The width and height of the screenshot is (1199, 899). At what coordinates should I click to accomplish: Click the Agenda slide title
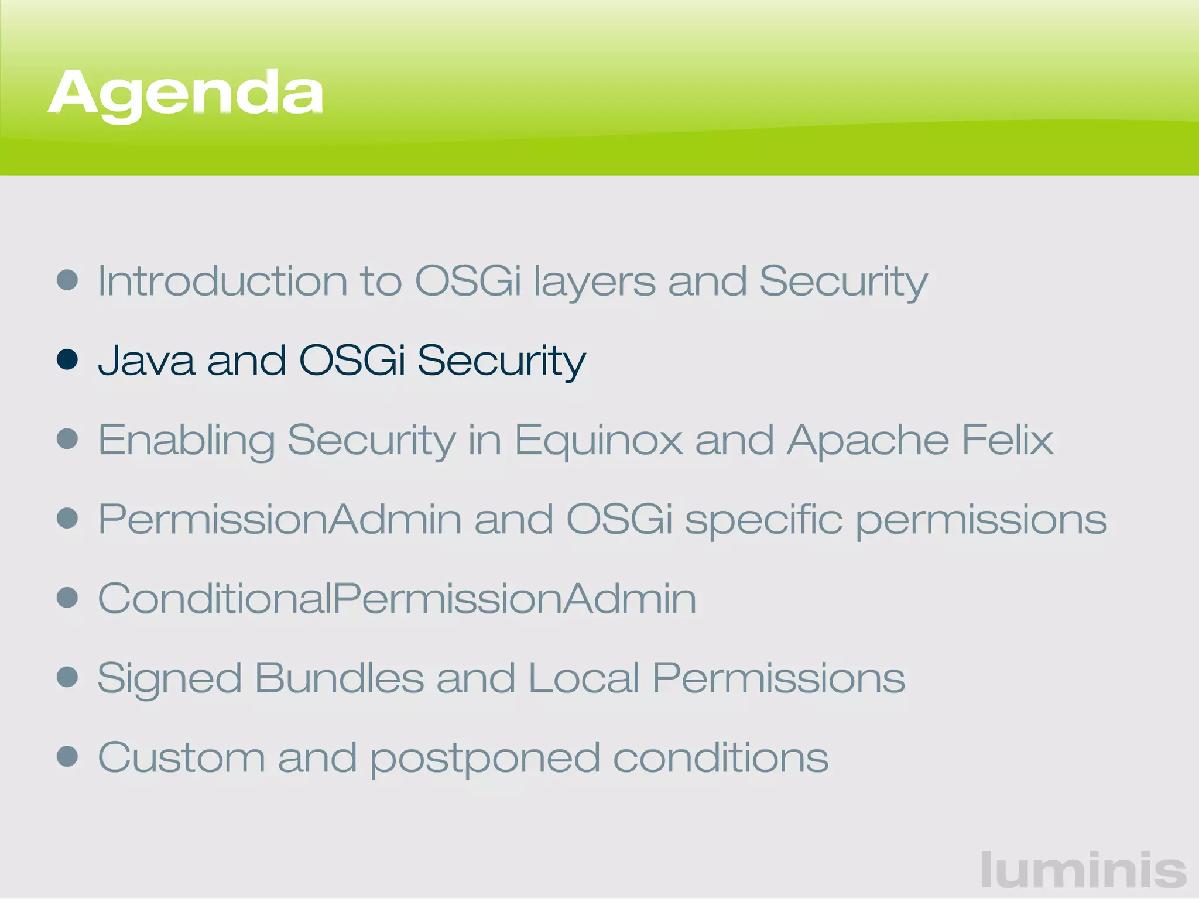tap(186, 94)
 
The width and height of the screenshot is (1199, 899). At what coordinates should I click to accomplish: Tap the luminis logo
tap(1084, 870)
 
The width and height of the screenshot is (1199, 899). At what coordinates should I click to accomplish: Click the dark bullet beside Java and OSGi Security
tap(67, 359)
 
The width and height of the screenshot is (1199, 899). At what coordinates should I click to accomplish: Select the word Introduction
tap(222, 281)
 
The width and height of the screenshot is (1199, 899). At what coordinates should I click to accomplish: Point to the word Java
tap(146, 360)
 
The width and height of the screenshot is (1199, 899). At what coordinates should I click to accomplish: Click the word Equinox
tap(598, 440)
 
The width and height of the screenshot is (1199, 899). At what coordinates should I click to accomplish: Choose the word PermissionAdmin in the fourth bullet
tap(280, 519)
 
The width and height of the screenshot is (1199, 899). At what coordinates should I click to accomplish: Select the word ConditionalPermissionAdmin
tap(397, 599)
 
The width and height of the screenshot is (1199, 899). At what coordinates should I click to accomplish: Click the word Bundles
tap(340, 678)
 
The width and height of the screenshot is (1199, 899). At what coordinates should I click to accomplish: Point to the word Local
tap(584, 678)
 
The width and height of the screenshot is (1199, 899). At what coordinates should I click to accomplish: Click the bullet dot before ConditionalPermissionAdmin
tap(67, 598)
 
